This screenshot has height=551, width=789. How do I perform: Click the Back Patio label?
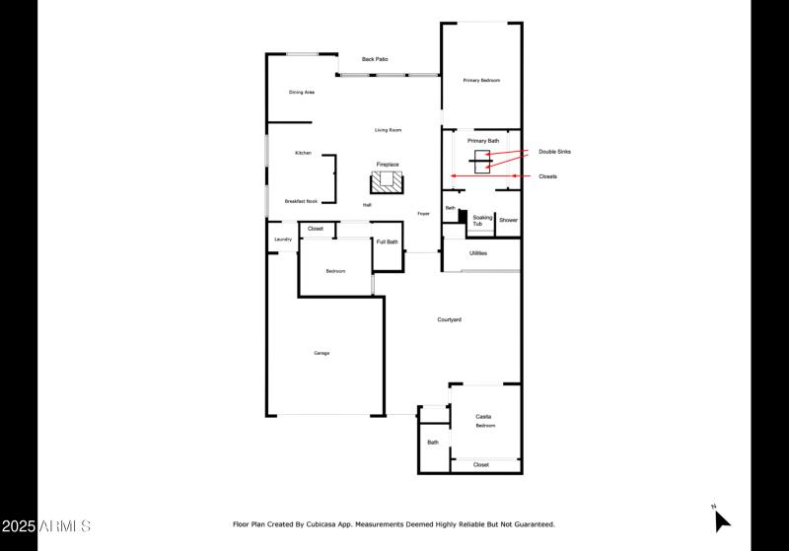point(374,59)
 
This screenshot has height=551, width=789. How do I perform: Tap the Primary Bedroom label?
point(481,80)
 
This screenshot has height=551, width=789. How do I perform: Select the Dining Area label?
point(302,93)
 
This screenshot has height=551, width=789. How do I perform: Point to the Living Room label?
point(388,130)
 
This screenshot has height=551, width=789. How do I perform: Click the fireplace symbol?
point(388,181)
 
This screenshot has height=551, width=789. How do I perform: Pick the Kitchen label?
point(303,153)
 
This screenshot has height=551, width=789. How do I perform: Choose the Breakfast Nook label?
point(301,201)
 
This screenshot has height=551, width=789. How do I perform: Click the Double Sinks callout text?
point(554,152)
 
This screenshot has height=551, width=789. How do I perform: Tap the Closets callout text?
point(547,176)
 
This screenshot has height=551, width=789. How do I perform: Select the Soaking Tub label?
point(481,221)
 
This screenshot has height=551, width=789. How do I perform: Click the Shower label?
point(508,221)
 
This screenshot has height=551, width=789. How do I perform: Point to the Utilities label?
point(478,253)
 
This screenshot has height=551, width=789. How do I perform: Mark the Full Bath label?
point(388,241)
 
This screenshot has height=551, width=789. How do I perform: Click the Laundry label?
point(283,239)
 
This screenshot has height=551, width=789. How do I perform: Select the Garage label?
point(322,353)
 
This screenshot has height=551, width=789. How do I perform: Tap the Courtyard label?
point(450,319)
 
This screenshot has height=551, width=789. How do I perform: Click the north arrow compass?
point(722,519)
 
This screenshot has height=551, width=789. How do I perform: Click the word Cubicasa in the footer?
point(332,524)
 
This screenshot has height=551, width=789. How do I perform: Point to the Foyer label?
point(423,213)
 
